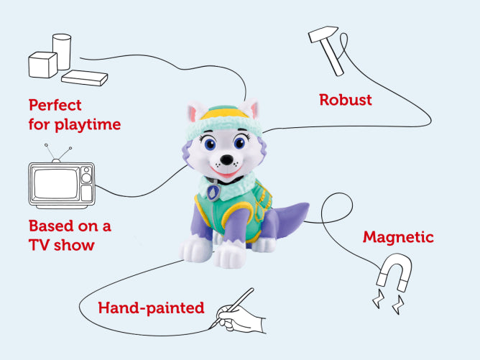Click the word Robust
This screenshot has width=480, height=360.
tap(346, 100)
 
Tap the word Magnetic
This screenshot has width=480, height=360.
tap(397, 236)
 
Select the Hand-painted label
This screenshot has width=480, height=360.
tap(152, 308)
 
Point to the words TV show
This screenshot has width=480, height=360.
tap(62, 245)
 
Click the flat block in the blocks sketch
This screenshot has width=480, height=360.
tap(84, 77)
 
